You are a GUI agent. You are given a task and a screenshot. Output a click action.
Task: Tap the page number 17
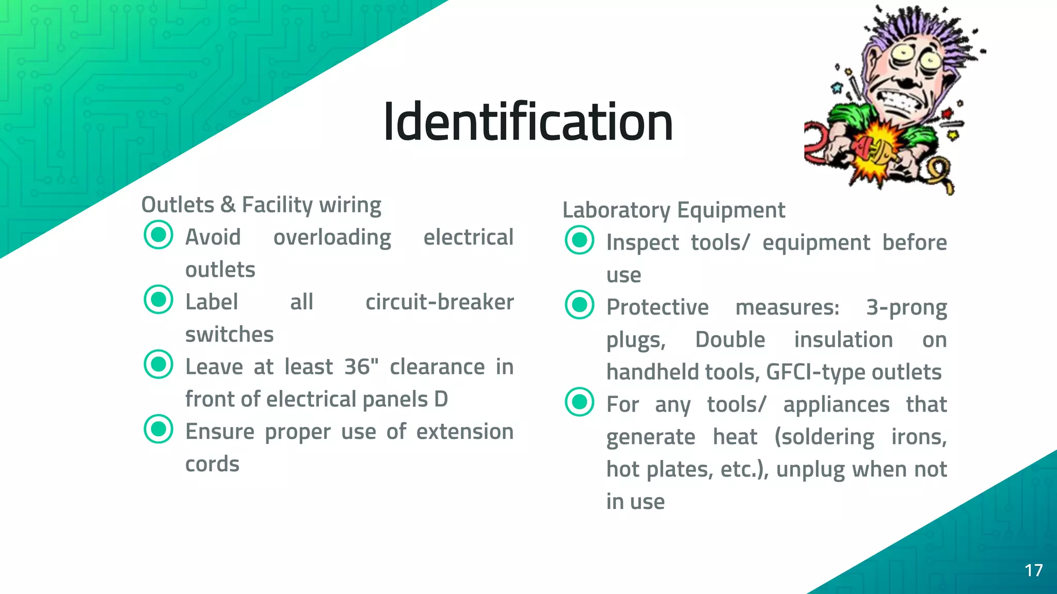click(x=1033, y=570)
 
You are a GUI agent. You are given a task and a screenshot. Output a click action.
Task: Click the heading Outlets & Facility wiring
click(x=261, y=205)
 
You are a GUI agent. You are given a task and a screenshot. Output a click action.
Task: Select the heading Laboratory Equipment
click(x=674, y=210)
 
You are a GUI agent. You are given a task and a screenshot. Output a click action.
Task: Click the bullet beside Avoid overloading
click(x=158, y=235)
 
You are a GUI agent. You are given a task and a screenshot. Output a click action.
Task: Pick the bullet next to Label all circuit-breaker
click(x=158, y=300)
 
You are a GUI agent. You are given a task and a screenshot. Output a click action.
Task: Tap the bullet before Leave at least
click(x=158, y=364)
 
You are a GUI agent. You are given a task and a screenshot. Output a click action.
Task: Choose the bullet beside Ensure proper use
click(x=158, y=429)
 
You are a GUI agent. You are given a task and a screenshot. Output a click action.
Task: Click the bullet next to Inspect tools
click(x=580, y=240)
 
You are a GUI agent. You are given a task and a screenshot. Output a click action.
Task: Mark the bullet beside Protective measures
click(x=580, y=305)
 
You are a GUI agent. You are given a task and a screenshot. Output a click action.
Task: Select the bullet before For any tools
click(x=580, y=402)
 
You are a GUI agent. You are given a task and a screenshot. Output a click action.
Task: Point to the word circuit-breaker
click(x=439, y=302)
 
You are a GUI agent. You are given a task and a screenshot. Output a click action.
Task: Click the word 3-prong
click(x=906, y=307)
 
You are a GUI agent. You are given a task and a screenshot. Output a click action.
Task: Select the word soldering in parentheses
click(x=825, y=437)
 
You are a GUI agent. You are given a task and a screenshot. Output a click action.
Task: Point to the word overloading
click(x=332, y=238)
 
